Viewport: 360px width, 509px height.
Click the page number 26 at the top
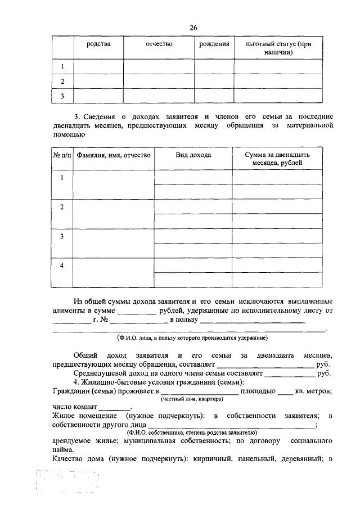pos(193,28)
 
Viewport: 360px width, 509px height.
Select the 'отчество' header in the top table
pos(159,44)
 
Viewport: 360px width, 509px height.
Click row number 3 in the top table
pos(62,96)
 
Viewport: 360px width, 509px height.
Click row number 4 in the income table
pos(62,265)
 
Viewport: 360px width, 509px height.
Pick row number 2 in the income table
pos(62,207)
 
